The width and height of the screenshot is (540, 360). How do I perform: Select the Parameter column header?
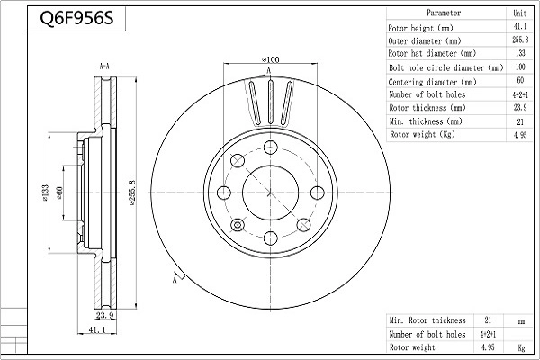coord(444,13)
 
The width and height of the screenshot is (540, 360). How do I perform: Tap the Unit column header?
coord(519,13)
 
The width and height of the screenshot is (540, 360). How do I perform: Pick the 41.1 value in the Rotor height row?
coord(519,28)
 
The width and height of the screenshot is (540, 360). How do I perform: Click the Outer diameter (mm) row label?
coord(428,41)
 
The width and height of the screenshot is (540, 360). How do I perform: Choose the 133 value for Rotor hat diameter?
coord(519,54)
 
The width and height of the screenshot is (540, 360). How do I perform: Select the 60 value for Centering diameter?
coord(519,81)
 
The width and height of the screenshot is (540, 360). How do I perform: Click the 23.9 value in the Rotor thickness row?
coord(519,107)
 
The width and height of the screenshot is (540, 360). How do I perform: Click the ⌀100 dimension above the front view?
coord(269,60)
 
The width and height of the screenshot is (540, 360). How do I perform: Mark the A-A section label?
coord(104,66)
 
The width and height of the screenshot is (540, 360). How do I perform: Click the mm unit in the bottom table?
coord(519,320)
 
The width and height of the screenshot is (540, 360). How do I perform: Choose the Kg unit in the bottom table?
coord(519,346)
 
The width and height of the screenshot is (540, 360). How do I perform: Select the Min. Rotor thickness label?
coord(427,320)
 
